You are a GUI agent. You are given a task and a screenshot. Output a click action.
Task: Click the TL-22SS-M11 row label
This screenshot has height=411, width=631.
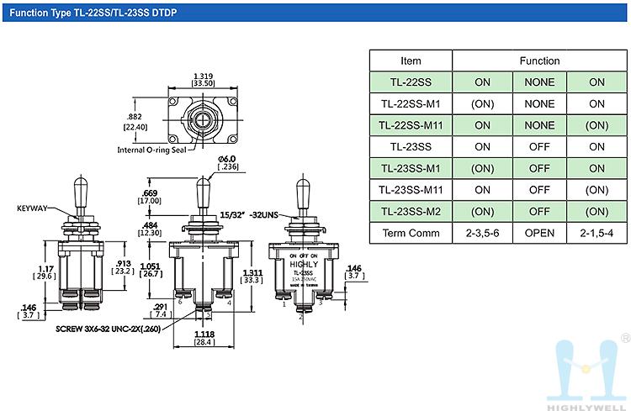click(411, 125)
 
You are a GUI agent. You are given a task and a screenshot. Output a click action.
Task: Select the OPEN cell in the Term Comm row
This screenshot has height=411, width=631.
click(539, 233)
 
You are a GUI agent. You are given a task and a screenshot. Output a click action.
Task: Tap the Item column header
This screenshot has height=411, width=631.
click(411, 61)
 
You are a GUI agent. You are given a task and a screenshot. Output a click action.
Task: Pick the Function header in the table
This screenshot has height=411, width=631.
click(539, 61)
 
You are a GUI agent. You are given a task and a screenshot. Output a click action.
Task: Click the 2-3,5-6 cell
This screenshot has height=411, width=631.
click(482, 233)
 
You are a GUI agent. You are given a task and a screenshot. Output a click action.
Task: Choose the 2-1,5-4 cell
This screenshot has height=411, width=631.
click(597, 233)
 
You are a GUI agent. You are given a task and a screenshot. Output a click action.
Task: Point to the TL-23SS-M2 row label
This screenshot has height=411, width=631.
click(411, 211)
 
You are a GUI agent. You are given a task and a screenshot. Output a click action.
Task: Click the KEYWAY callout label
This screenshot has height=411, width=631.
click(33, 207)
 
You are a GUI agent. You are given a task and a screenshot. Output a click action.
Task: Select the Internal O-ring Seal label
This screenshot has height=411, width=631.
click(152, 150)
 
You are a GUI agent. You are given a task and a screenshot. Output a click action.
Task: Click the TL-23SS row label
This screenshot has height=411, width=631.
click(411, 146)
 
